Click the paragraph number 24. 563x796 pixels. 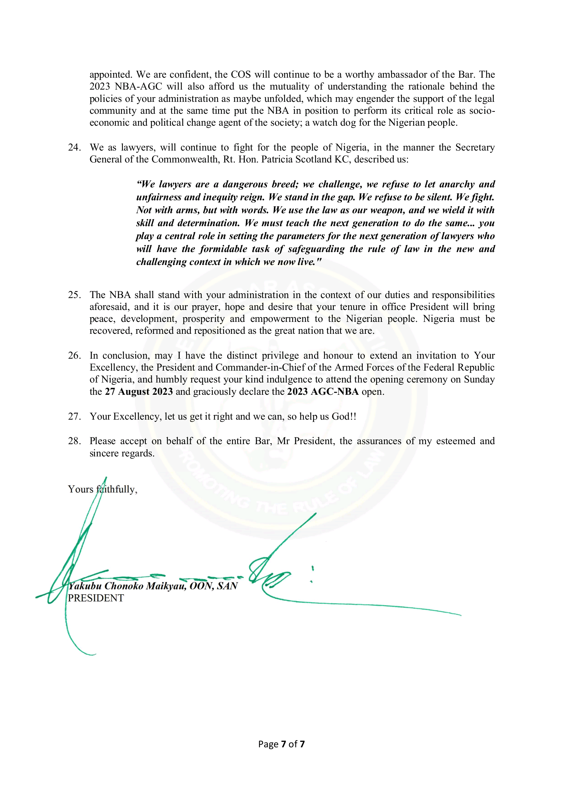pos(74,147)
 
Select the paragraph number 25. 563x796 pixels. pos(74,295)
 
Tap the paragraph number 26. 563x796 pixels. pos(74,355)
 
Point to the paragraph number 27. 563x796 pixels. pos(74,416)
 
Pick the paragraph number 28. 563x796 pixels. pos(74,441)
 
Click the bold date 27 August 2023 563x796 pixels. pos(139,391)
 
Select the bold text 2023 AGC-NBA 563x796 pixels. pos(323,391)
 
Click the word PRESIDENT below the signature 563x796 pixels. pos(96,598)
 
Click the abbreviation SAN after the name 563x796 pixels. pos(228,586)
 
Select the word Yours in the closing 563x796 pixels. pos(80,489)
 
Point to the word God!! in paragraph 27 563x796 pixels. pos(344,416)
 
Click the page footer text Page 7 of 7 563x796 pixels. pos(281,744)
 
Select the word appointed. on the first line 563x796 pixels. pos(111,75)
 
